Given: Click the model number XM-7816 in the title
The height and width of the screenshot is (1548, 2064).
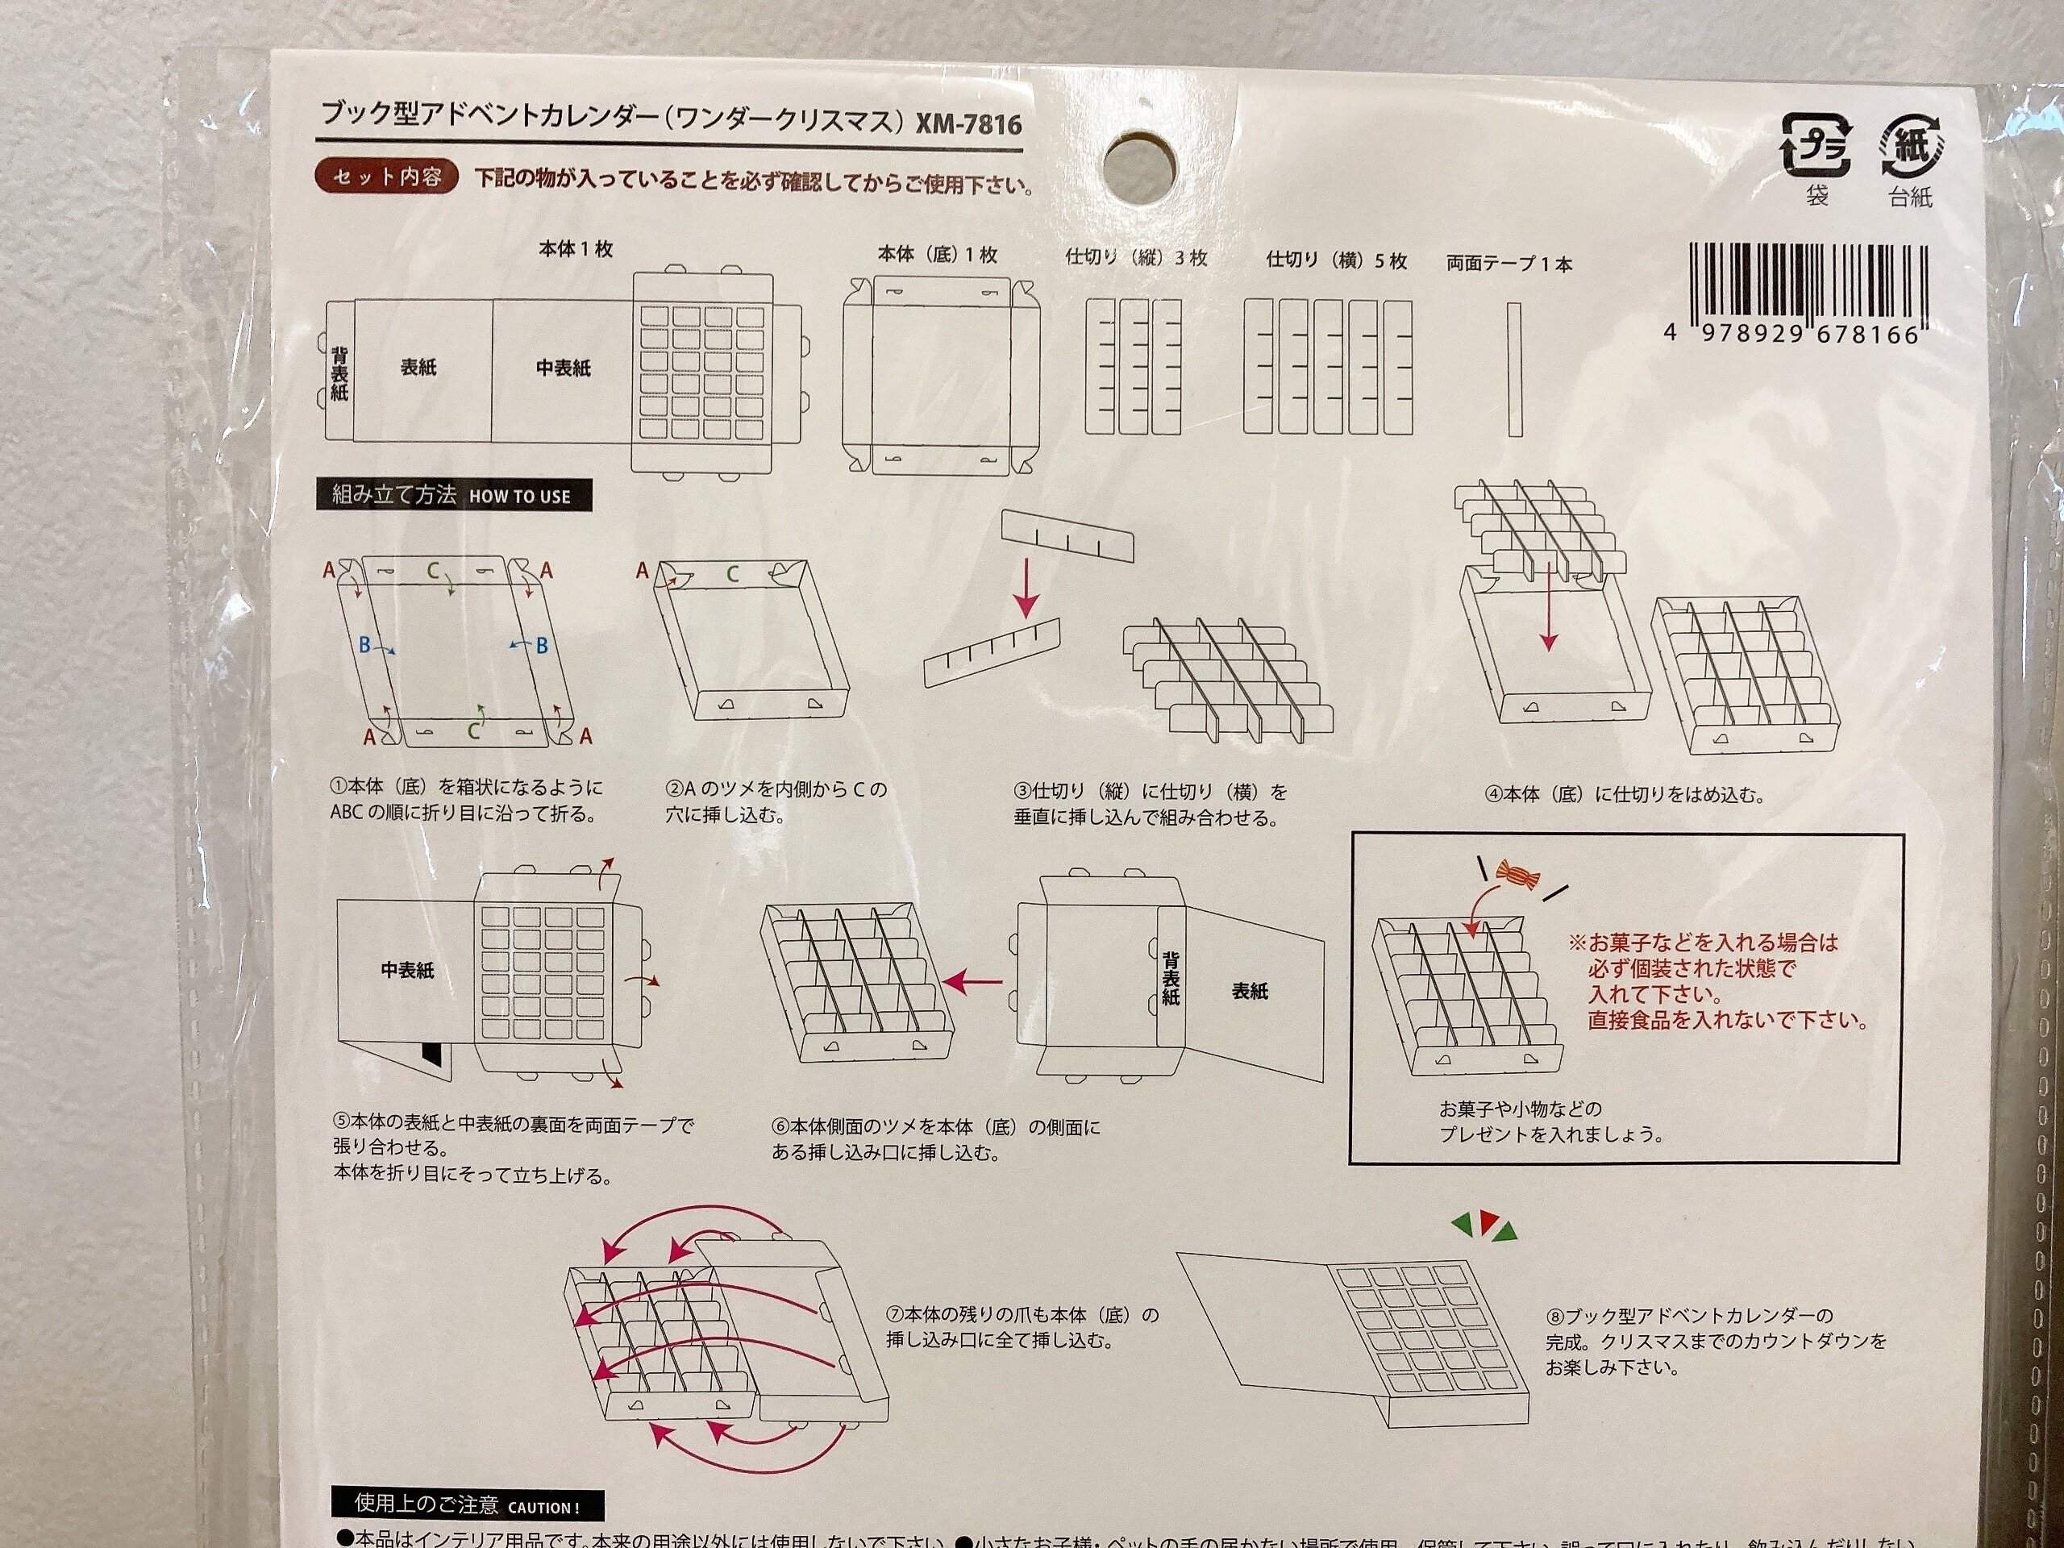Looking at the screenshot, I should pyautogui.click(x=968, y=124).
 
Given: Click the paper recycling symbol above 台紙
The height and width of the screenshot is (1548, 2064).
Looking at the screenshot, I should pyautogui.click(x=1911, y=147).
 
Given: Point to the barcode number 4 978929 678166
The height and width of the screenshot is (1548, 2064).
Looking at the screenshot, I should pyautogui.click(x=1791, y=335).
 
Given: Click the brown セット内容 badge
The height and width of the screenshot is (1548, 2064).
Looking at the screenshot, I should pyautogui.click(x=386, y=177).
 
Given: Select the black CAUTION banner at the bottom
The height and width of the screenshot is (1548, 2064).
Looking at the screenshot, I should pyautogui.click(x=468, y=1505).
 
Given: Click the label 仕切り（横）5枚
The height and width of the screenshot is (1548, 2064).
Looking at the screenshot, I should pyautogui.click(x=1335, y=260).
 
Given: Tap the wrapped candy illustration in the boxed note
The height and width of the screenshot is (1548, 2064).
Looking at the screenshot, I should pyautogui.click(x=1517, y=874).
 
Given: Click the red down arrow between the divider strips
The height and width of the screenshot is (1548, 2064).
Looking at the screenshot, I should pyautogui.click(x=1026, y=587).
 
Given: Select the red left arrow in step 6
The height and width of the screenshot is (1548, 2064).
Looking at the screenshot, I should pyautogui.click(x=972, y=982).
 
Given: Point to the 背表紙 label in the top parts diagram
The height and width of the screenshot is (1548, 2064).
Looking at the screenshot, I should pyautogui.click(x=339, y=373).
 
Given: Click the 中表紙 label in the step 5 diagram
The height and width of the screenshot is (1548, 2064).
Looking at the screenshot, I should pyautogui.click(x=407, y=971).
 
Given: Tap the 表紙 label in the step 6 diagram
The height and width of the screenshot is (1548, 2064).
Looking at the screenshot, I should pyautogui.click(x=1250, y=991).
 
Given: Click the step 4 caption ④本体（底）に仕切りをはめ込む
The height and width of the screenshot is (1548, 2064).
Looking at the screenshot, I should pyautogui.click(x=1624, y=795).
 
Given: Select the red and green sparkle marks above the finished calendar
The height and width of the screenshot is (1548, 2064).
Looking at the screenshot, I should pyautogui.click(x=1484, y=1226).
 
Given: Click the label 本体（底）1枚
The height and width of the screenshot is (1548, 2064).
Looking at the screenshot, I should pyautogui.click(x=937, y=255).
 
